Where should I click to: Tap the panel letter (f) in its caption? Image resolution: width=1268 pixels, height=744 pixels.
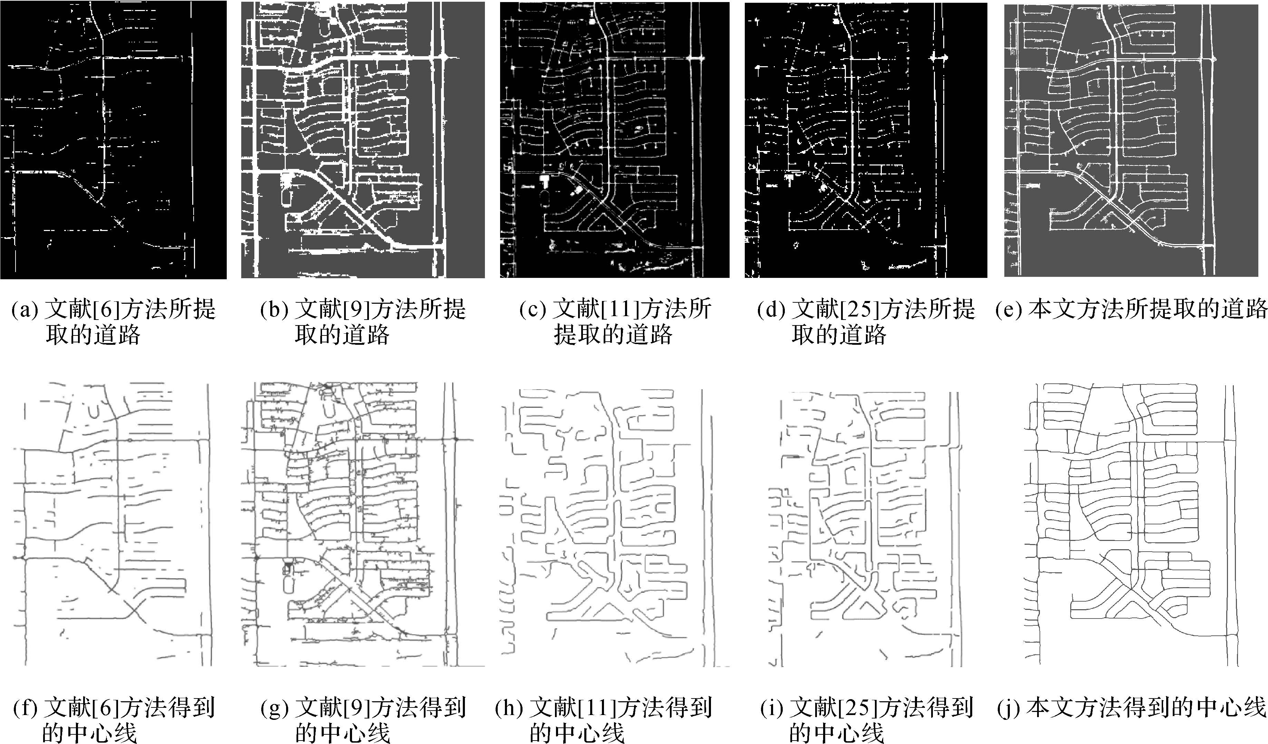(x=24, y=708)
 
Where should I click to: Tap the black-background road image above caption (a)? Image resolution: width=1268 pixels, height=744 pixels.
(x=113, y=140)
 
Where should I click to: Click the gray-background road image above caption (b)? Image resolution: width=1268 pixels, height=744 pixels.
(x=363, y=140)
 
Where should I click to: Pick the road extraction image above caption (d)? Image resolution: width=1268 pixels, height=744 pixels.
(x=866, y=140)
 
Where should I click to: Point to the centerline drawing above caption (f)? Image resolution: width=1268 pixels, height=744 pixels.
(x=113, y=523)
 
